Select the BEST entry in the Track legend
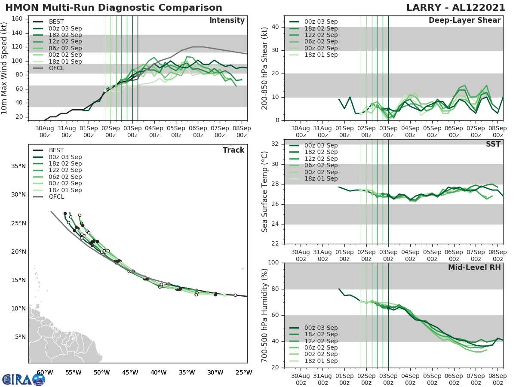pos(56,150)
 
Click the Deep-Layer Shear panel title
pos(464,21)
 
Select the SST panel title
pos(493,144)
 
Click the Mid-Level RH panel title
pos(474,267)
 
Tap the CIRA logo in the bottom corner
pos(24,380)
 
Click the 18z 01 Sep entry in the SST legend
pos(319,178)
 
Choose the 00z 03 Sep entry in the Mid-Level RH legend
pos(319,328)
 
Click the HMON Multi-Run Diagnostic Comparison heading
pos(114,8)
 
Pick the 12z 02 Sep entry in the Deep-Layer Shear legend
pos(319,35)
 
